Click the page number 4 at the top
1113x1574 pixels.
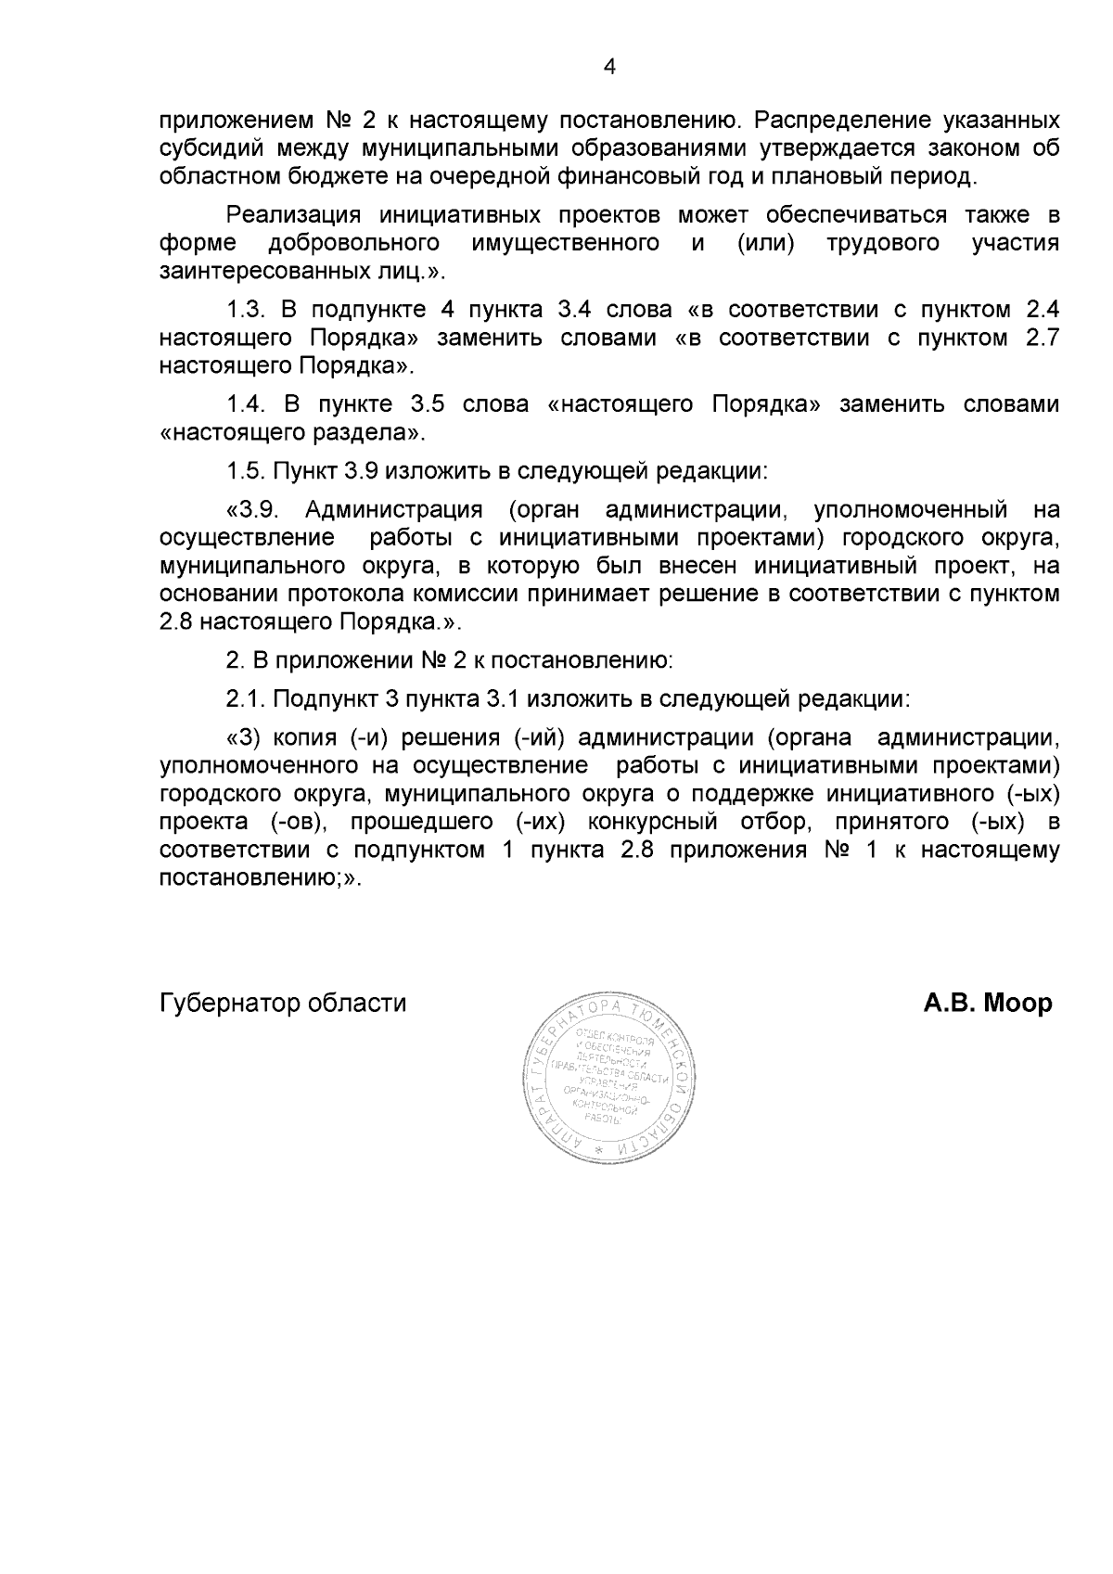(x=609, y=66)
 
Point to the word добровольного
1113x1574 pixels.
(x=352, y=244)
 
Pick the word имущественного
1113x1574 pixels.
(x=566, y=244)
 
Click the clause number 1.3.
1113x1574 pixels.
(x=247, y=310)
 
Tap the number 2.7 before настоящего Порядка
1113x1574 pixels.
(x=1043, y=338)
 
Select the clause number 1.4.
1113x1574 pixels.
(x=247, y=404)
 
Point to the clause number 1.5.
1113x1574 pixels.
(x=247, y=471)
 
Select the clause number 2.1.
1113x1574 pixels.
(x=247, y=697)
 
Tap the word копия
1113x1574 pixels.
(x=307, y=737)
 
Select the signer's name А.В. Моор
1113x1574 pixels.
(x=987, y=1003)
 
